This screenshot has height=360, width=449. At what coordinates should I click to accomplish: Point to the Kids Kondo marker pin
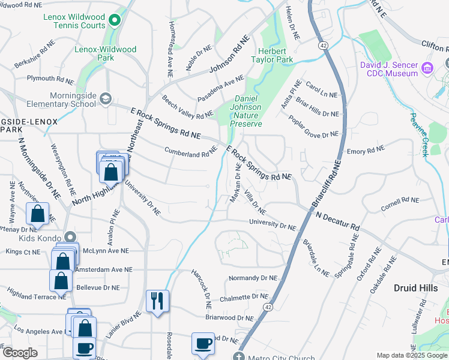click(70, 238)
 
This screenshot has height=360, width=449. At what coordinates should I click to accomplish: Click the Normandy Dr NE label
click(253, 278)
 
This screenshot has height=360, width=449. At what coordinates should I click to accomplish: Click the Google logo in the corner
click(19, 352)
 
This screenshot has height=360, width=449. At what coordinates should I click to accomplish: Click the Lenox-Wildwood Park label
click(105, 53)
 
